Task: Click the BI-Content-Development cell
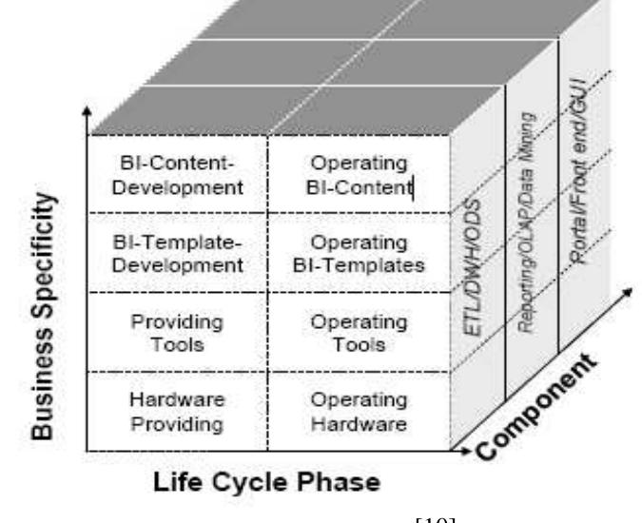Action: [177, 173]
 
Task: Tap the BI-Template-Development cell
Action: [177, 252]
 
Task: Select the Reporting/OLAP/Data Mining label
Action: [526, 228]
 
